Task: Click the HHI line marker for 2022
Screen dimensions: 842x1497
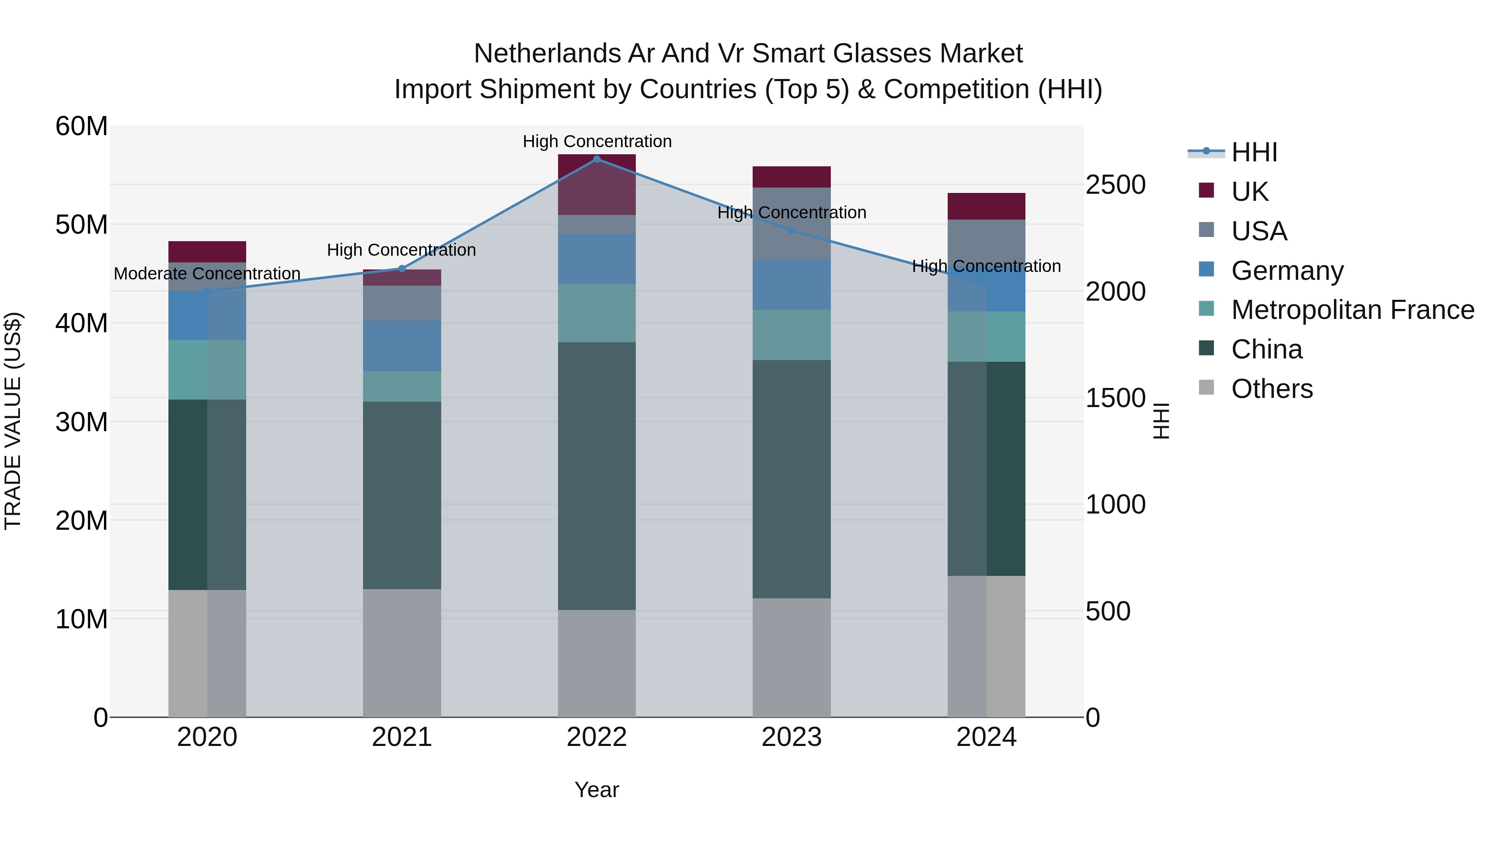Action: click(597, 159)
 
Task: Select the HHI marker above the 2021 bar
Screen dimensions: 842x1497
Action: click(402, 269)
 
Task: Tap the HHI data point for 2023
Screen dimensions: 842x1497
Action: click(791, 231)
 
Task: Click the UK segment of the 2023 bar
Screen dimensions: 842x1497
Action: click(791, 177)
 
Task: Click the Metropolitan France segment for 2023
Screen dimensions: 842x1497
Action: click(791, 335)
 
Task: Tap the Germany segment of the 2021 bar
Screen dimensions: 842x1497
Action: click(402, 346)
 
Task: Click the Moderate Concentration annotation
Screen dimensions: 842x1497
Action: click(207, 274)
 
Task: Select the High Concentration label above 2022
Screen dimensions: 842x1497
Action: click(597, 142)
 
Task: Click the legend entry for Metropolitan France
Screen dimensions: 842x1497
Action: click(1352, 310)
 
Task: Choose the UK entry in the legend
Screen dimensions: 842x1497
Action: click(1250, 191)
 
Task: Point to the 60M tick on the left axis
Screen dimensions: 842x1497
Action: click(82, 126)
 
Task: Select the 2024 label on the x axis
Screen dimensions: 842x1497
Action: click(986, 737)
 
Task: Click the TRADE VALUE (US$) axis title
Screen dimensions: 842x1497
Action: click(13, 421)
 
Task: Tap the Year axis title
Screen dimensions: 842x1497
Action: click(597, 790)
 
